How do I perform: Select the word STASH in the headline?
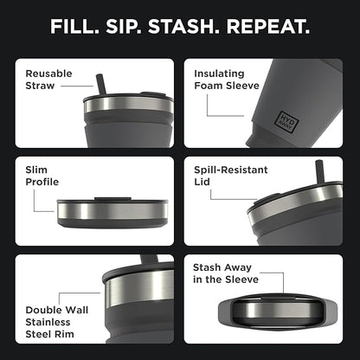(x=184, y=27)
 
